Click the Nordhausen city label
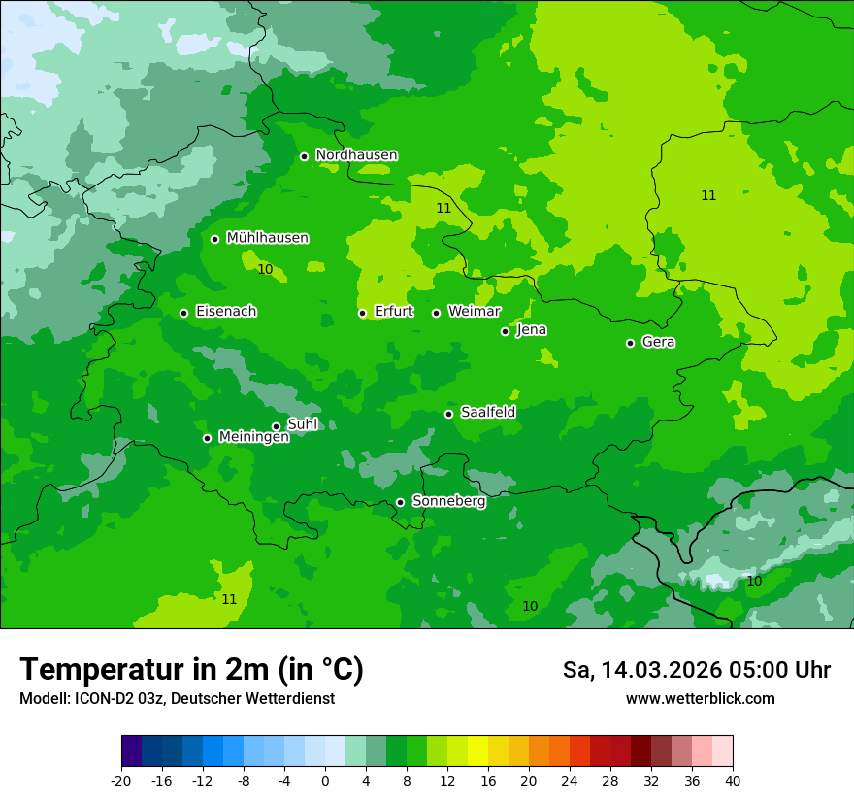coord(356,155)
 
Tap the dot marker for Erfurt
coord(362,313)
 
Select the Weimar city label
coord(474,312)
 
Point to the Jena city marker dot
coord(505,331)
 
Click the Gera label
coord(658,342)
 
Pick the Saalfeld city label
coord(487,413)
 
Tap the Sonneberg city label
coord(448,501)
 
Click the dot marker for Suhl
coord(276,426)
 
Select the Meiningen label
coord(253,437)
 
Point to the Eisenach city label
coord(226,312)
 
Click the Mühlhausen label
coord(267,238)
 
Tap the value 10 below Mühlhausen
coord(265,269)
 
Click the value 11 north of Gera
coord(708,195)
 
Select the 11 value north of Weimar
coord(443,208)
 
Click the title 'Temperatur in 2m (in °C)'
coord(191,669)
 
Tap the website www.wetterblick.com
coord(700,698)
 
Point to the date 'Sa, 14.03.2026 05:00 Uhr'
coord(696,670)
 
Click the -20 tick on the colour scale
coord(121,780)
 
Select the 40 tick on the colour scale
coord(732,780)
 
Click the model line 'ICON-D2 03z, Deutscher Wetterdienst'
coord(177,698)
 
